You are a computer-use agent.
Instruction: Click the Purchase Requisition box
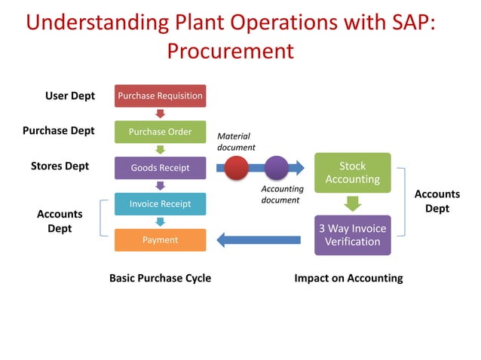tap(160, 96)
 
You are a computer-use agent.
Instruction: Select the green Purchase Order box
tap(160, 132)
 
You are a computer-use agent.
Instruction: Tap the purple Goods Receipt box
tap(160, 168)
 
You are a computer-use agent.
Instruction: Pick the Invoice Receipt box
tap(160, 204)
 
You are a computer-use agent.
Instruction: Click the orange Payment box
tap(160, 240)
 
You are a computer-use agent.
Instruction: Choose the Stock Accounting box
tap(352, 172)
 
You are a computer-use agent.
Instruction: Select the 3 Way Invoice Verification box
tap(352, 235)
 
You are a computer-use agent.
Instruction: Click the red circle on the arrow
tap(237, 167)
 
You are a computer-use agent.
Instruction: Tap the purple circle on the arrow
tap(276, 167)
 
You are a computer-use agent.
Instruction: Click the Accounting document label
tap(281, 194)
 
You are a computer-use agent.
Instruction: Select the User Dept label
tap(70, 96)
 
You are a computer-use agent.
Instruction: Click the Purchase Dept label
tap(59, 130)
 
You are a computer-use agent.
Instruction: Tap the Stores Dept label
tap(60, 166)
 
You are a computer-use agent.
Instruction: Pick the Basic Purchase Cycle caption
tap(160, 278)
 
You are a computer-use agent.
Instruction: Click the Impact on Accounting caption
tap(348, 278)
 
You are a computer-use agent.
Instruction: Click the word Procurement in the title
tap(229, 51)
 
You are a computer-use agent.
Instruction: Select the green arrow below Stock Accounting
tap(352, 203)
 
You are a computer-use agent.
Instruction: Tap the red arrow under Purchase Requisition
tap(160, 114)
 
